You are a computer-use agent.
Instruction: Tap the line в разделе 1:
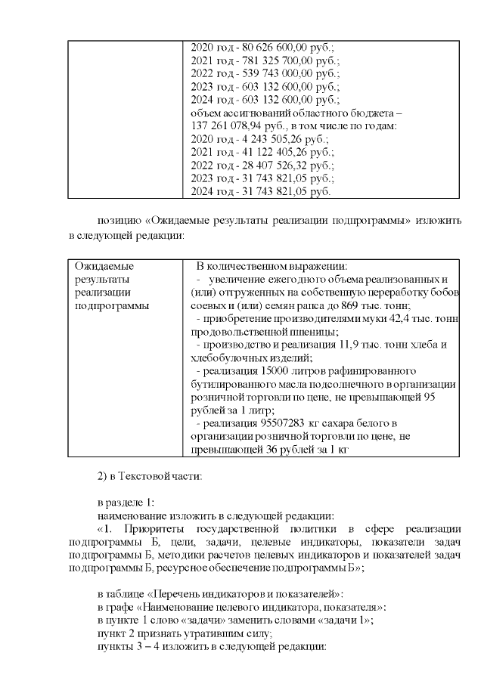126,502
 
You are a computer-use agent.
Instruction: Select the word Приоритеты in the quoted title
157,528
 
